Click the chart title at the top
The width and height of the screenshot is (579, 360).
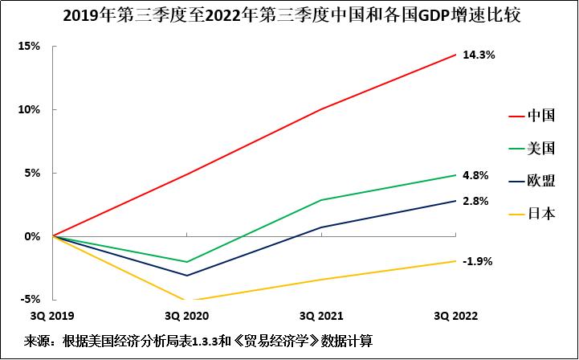[x=289, y=15]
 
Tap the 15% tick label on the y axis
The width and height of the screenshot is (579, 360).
[x=29, y=46]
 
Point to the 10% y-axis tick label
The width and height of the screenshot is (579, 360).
[x=29, y=109]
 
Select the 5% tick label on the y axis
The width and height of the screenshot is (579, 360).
[x=32, y=173]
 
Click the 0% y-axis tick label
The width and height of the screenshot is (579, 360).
[x=32, y=236]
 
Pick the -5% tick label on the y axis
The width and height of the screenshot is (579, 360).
[x=31, y=300]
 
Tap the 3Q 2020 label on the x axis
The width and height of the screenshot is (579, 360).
[x=186, y=314]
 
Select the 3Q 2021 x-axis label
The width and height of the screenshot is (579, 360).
[x=321, y=314]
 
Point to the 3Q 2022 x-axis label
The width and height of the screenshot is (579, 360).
[x=455, y=314]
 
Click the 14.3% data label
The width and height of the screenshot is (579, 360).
[x=479, y=55]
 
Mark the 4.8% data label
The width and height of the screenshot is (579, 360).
[x=475, y=175]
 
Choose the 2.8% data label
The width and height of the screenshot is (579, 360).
[x=475, y=201]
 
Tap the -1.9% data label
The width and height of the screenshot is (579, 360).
[x=477, y=261]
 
